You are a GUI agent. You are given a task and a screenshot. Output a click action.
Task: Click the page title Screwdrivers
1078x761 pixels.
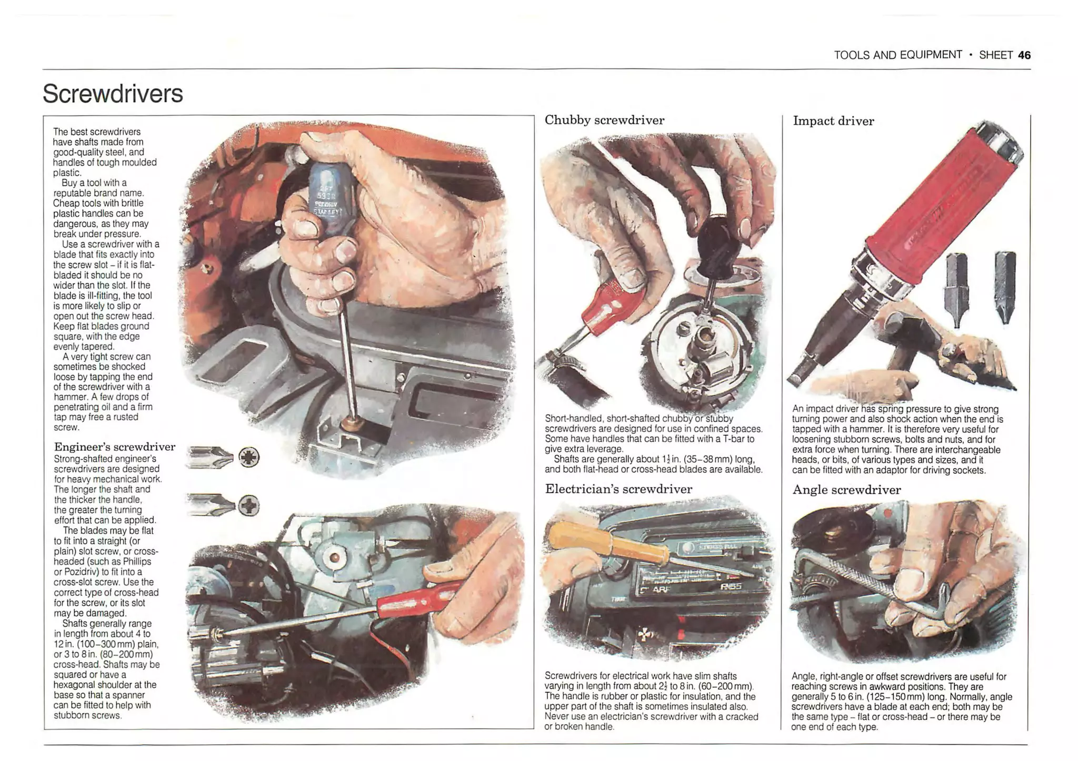[113, 94]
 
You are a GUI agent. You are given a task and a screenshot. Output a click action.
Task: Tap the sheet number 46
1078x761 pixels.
[1024, 55]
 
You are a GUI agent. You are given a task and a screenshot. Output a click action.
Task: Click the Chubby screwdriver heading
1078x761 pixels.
[604, 120]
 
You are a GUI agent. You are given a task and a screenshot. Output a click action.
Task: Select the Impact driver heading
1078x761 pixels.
[833, 121]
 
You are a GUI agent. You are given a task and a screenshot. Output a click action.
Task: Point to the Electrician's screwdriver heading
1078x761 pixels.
[618, 489]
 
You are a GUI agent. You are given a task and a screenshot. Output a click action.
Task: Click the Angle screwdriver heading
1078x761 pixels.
[846, 490]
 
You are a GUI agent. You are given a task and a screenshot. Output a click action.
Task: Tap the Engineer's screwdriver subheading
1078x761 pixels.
[115, 447]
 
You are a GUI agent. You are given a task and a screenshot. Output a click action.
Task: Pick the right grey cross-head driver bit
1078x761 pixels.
[1005, 287]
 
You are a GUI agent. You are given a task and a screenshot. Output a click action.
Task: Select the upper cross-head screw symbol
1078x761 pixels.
[249, 457]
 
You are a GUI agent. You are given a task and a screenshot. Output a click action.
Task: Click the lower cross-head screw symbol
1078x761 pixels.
[249, 506]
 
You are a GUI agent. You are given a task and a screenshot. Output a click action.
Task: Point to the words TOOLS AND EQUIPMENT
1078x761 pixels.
[897, 55]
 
